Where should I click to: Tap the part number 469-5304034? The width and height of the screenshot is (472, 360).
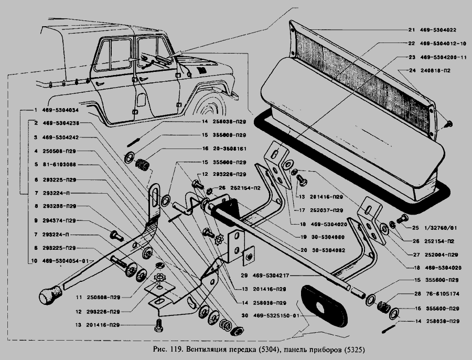click(61, 111)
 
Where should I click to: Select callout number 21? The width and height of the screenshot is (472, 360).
click(411, 30)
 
